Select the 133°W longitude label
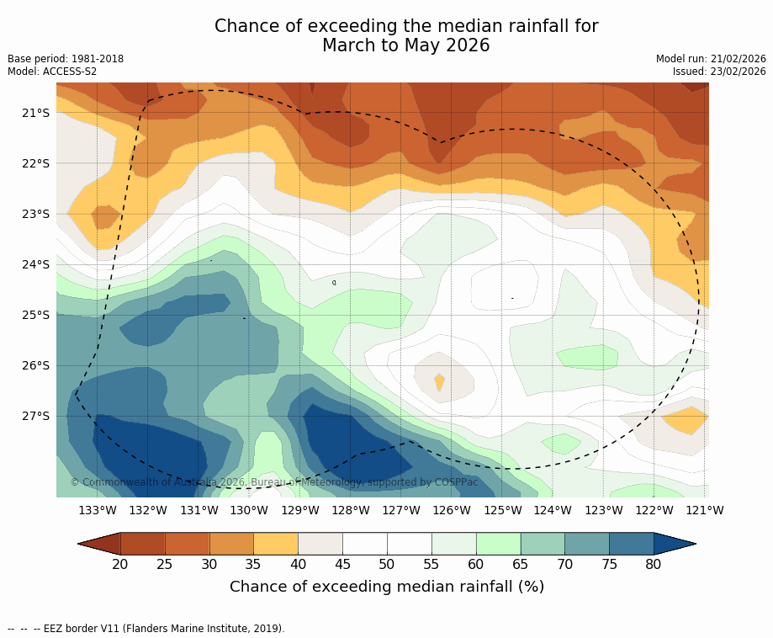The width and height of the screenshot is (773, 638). pos(98,510)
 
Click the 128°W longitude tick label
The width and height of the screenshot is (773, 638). pos(351,510)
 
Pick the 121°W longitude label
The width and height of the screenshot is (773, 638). pos(705,510)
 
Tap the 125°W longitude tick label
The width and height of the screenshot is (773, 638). pos(502,510)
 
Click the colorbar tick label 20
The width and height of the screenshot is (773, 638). pos(120,564)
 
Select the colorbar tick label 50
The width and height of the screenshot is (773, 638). pos(387,564)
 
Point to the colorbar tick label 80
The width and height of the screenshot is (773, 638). pos(654,564)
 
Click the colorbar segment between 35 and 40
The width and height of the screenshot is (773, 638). pos(276,544)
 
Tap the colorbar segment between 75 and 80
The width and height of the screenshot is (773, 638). pos(631,544)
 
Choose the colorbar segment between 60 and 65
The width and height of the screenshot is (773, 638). pos(498,544)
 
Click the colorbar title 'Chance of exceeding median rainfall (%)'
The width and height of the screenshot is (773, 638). pos(387,587)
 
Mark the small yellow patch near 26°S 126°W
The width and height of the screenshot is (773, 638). pos(439,381)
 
